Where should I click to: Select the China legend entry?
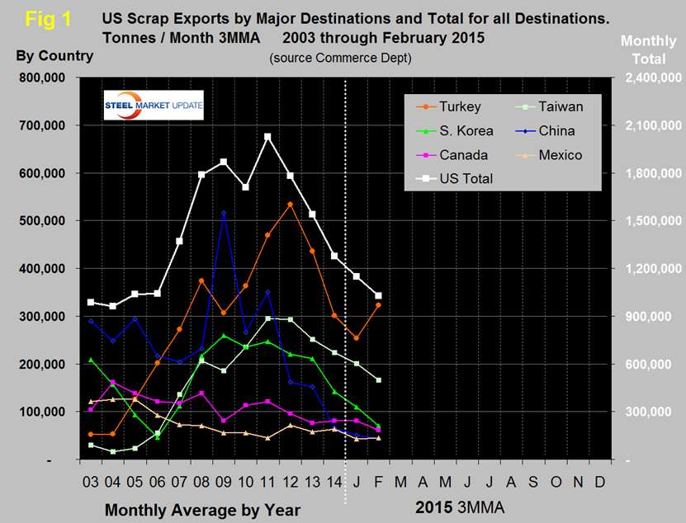[x=552, y=130]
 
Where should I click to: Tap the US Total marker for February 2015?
[x=379, y=295]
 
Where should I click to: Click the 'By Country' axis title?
[x=54, y=56]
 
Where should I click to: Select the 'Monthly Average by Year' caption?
[x=202, y=510]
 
